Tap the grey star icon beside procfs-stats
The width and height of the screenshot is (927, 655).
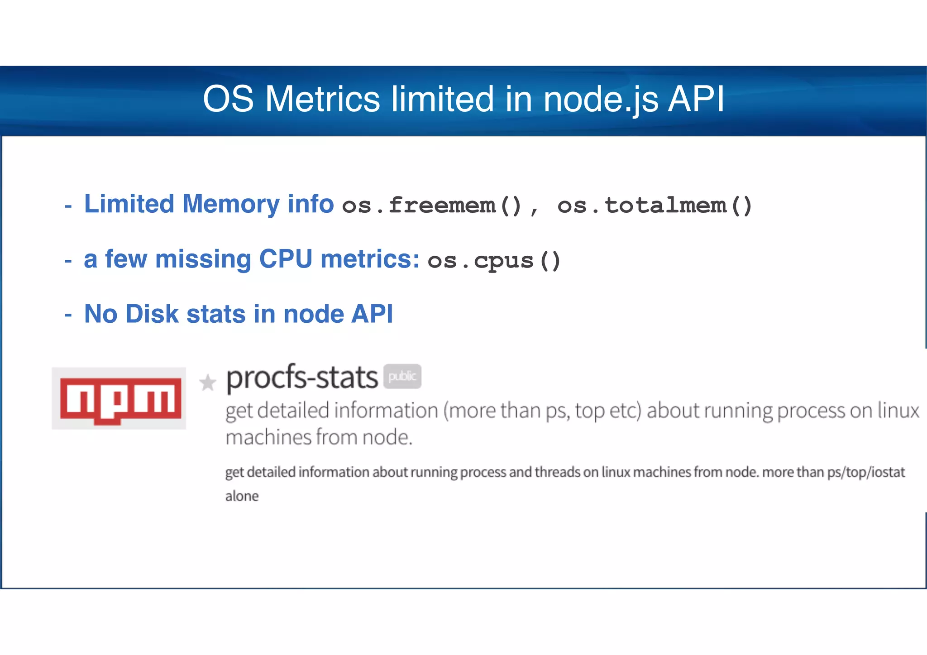click(x=208, y=383)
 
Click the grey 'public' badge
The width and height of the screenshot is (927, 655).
click(x=402, y=376)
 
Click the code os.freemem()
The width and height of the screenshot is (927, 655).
click(x=432, y=206)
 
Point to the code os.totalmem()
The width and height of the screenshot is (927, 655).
click(x=655, y=206)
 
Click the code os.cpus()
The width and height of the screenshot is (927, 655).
click(x=494, y=261)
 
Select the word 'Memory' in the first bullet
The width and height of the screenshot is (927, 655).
click(x=231, y=204)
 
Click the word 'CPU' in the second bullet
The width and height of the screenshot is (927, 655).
click(x=285, y=259)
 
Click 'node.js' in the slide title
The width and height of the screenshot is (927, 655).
click(x=600, y=99)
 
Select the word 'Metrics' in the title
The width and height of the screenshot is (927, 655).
click(x=322, y=99)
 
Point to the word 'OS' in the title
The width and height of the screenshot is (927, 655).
click(x=228, y=99)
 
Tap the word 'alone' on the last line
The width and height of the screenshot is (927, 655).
click(x=242, y=496)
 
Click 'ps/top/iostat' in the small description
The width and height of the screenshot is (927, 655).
click(x=865, y=472)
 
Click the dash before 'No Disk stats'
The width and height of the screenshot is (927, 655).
click(x=68, y=315)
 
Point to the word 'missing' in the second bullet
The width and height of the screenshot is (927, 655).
click(x=203, y=259)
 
